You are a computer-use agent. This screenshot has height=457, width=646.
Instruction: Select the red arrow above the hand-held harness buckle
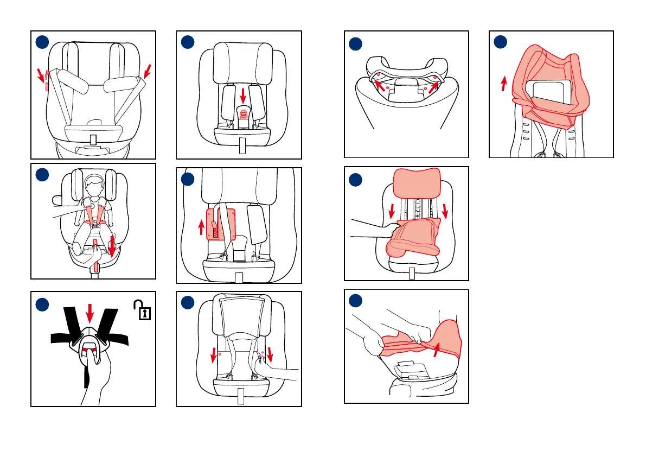pyautogui.click(x=90, y=312)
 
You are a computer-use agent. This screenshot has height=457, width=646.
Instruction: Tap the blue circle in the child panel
pyautogui.click(x=42, y=175)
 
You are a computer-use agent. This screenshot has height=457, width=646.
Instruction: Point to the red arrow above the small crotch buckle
pyautogui.click(x=242, y=96)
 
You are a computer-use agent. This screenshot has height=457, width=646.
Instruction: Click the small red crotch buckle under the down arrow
pyautogui.click(x=244, y=114)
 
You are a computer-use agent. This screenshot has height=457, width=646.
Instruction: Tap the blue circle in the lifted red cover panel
pyautogui.click(x=501, y=42)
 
